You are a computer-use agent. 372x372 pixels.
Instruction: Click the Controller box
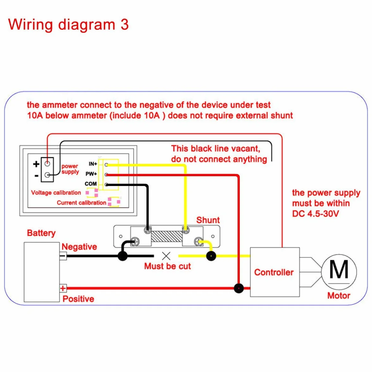[x=275, y=272]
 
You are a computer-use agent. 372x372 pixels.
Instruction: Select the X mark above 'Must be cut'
[x=166, y=256]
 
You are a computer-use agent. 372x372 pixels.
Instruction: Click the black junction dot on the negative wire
[x=123, y=256]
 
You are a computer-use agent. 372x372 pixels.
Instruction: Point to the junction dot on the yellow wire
[x=211, y=256]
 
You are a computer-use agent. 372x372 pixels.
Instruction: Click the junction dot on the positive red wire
[x=239, y=288]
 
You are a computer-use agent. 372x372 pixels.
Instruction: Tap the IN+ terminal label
[x=93, y=164]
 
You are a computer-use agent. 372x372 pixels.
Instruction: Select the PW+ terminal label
[x=91, y=174]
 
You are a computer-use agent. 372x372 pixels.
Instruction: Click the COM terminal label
[x=90, y=184]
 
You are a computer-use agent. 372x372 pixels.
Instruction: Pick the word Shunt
[x=208, y=220]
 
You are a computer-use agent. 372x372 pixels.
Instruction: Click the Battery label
[x=41, y=233]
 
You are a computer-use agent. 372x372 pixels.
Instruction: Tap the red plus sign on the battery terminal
[x=63, y=288]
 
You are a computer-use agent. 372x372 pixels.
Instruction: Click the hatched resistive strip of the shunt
[x=167, y=236]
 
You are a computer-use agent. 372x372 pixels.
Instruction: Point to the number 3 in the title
[x=125, y=25]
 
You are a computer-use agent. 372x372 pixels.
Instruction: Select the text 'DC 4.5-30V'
[x=316, y=214]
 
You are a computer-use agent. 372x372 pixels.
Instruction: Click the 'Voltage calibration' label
[x=56, y=193]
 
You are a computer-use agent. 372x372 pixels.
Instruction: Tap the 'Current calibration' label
[x=81, y=203]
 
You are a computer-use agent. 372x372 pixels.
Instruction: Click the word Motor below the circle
[x=339, y=295]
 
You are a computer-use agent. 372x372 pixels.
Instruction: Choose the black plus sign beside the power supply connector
[x=36, y=164]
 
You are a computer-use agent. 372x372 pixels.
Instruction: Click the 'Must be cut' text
[x=168, y=266]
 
